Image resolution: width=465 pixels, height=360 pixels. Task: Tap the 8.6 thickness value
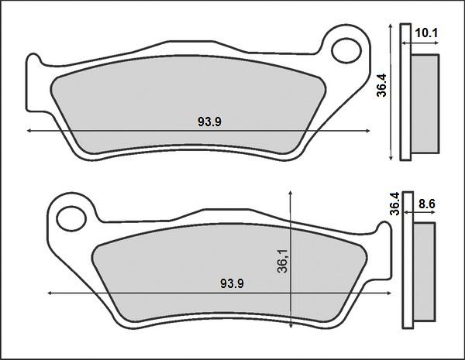[x=427, y=205]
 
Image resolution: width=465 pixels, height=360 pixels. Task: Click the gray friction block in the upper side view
[x=424, y=105]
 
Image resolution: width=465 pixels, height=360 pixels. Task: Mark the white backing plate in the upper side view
[x=404, y=93]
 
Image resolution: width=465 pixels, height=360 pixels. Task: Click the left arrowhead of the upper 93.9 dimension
[x=29, y=132]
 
